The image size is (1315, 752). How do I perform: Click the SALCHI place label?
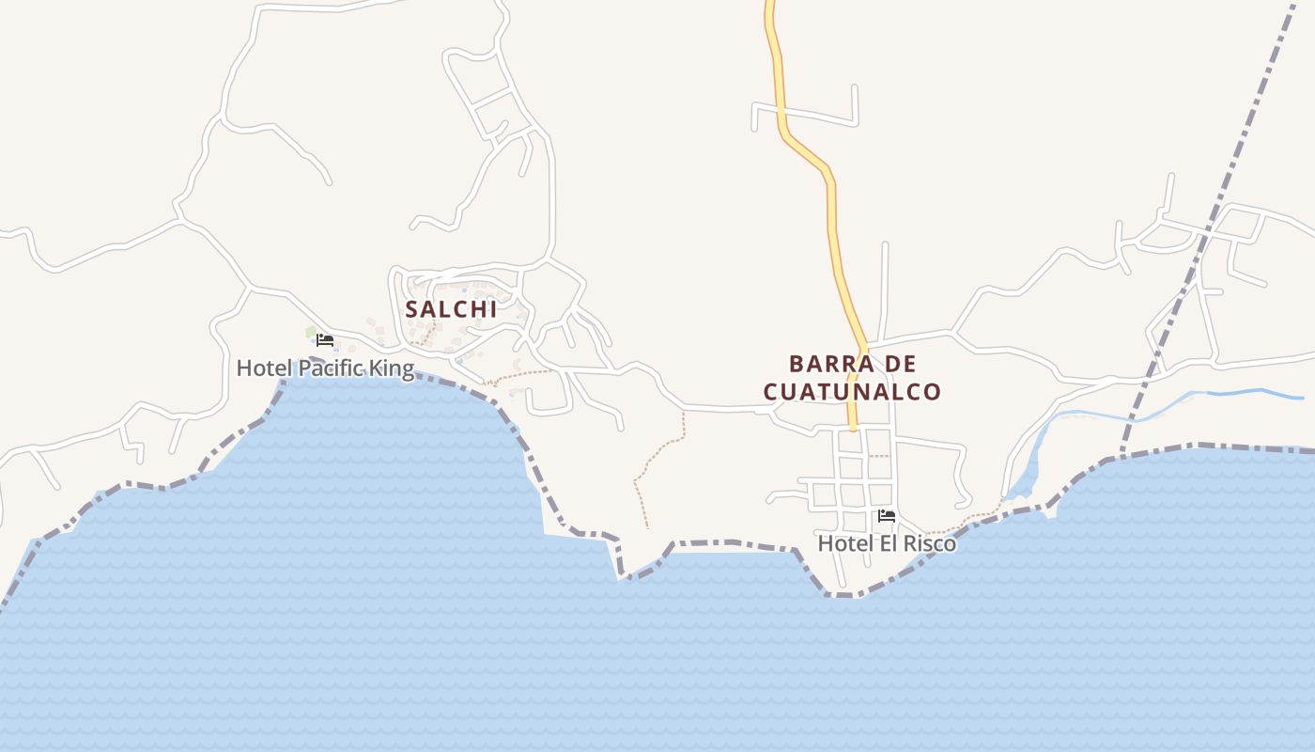451,309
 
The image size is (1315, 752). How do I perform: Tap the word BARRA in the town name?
823,364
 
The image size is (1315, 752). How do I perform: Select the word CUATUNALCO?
852,392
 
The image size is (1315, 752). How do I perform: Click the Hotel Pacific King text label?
325,368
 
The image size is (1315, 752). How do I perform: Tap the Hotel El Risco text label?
887,543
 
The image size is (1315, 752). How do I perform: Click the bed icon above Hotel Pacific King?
325,339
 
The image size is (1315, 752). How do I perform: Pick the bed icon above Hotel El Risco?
887,516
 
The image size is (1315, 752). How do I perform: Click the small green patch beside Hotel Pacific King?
311,332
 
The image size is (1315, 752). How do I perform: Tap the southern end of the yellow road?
853,427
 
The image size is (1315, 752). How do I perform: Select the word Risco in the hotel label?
930,543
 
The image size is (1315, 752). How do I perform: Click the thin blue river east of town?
1249,394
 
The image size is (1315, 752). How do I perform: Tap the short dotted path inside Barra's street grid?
877,457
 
